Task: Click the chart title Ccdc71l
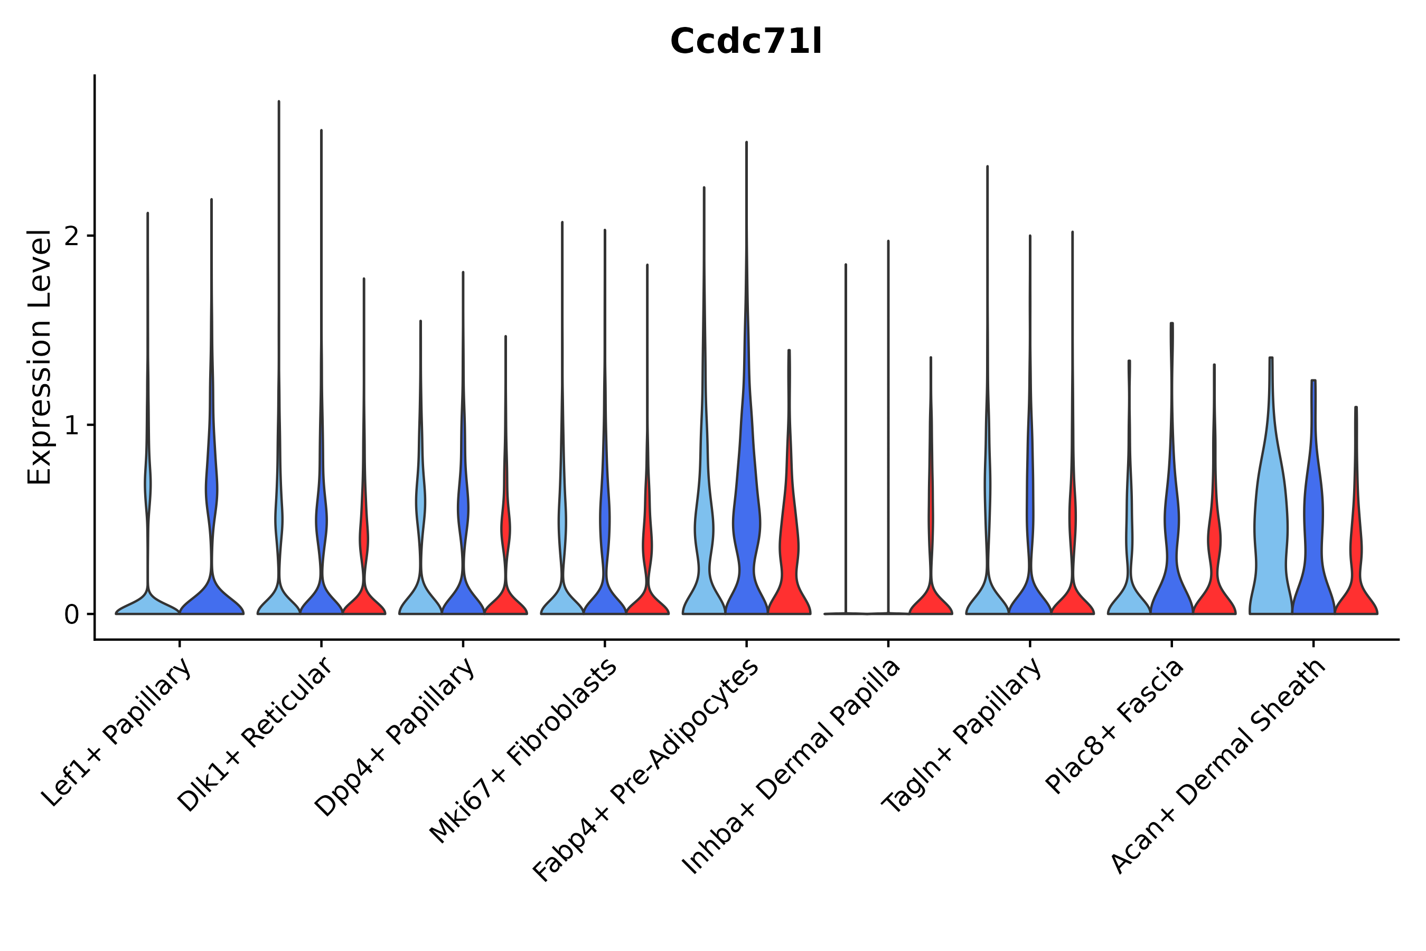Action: coord(746,42)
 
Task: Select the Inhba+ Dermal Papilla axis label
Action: coord(792,767)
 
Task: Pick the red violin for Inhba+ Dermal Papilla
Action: coord(931,598)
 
